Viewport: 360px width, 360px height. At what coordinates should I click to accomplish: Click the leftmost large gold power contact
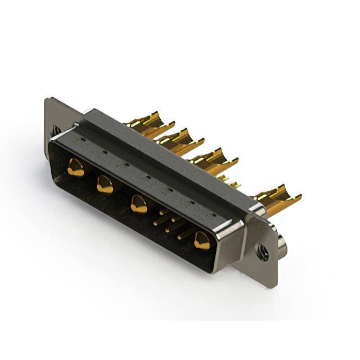pos(75,167)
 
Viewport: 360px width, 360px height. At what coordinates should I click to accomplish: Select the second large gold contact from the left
pos(105,184)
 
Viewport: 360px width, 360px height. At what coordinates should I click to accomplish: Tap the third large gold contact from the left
pos(138,204)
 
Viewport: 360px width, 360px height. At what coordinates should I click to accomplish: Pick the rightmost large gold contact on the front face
pos(201,241)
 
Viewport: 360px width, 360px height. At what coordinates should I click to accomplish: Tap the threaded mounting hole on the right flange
pos(263,253)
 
